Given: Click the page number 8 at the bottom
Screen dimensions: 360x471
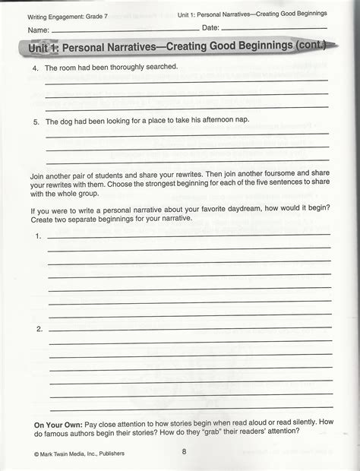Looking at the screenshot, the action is coord(184,454).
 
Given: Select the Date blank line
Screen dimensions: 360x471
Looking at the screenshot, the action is coord(273,28).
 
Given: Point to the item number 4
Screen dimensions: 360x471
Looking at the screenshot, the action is coord(35,68).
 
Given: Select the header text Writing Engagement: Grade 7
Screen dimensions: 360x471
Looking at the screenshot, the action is coord(68,15).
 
